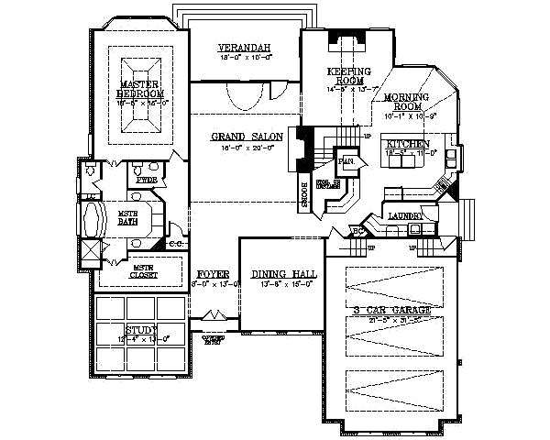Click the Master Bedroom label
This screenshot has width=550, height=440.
141,89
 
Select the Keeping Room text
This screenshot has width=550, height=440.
348,76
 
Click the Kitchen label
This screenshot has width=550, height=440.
406,145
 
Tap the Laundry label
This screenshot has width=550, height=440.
404,215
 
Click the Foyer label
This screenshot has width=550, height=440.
214,274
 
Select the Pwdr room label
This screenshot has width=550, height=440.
147,181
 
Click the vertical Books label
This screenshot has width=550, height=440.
302,194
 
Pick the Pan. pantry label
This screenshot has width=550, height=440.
346,161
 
